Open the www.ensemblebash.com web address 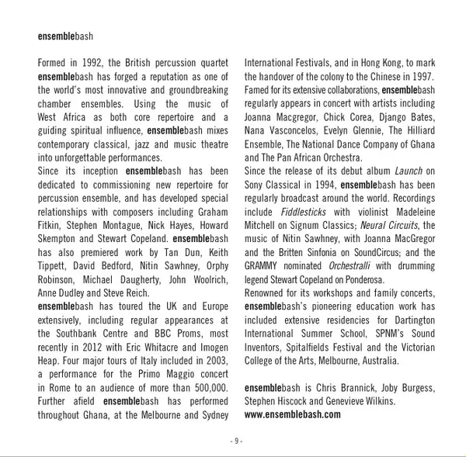(x=292, y=414)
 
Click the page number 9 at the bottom (x=237, y=441)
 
